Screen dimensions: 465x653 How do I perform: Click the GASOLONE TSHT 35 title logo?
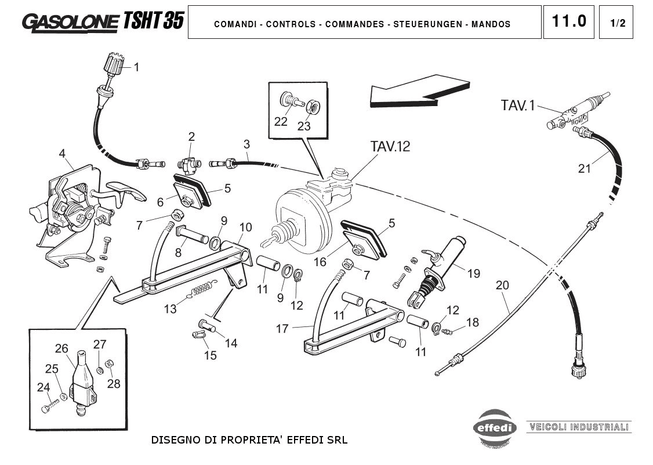[x=103, y=22]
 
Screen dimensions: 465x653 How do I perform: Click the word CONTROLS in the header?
[x=291, y=24]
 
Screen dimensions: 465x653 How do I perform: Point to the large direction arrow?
[x=419, y=91]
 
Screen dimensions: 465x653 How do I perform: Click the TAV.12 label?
[x=390, y=147]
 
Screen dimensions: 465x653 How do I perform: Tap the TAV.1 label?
[x=518, y=106]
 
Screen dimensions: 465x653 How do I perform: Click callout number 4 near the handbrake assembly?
[x=62, y=154]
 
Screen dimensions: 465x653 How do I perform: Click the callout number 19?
[x=473, y=273]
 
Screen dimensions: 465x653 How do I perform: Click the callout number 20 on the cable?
[x=502, y=285]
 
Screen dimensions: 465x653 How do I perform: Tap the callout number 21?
[x=585, y=169]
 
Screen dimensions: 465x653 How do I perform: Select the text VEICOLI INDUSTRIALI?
[x=578, y=427]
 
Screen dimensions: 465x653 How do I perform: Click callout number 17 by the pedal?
[x=282, y=329]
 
